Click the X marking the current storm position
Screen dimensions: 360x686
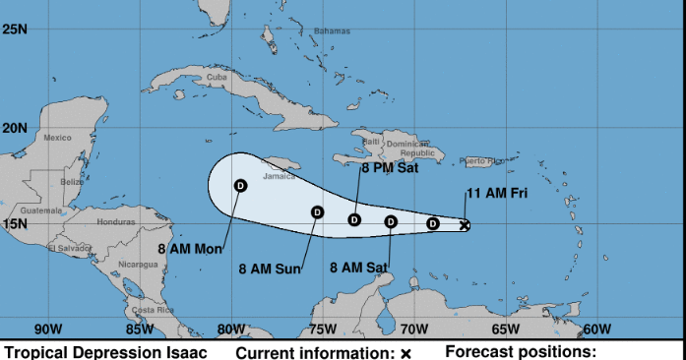[x=465, y=225]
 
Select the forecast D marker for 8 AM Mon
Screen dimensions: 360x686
[x=240, y=185]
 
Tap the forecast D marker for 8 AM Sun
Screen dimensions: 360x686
[x=317, y=211]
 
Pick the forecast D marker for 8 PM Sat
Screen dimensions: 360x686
[x=354, y=220]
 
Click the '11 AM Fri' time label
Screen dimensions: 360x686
[x=496, y=194]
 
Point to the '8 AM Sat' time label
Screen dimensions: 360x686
[x=358, y=267]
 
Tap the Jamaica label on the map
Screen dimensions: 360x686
[x=279, y=178]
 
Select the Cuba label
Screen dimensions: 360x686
[x=217, y=77]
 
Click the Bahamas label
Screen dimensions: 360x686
[x=332, y=31]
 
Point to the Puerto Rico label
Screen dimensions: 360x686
[x=480, y=160]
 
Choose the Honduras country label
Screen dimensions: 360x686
[x=115, y=221]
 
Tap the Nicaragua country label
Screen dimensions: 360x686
[x=138, y=265]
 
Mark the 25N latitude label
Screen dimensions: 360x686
[x=15, y=30]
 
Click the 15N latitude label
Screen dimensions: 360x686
[x=15, y=224]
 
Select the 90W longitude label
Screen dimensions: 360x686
[x=48, y=330]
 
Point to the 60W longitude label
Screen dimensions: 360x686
[x=596, y=330]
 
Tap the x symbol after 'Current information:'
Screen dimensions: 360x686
[x=405, y=353]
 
